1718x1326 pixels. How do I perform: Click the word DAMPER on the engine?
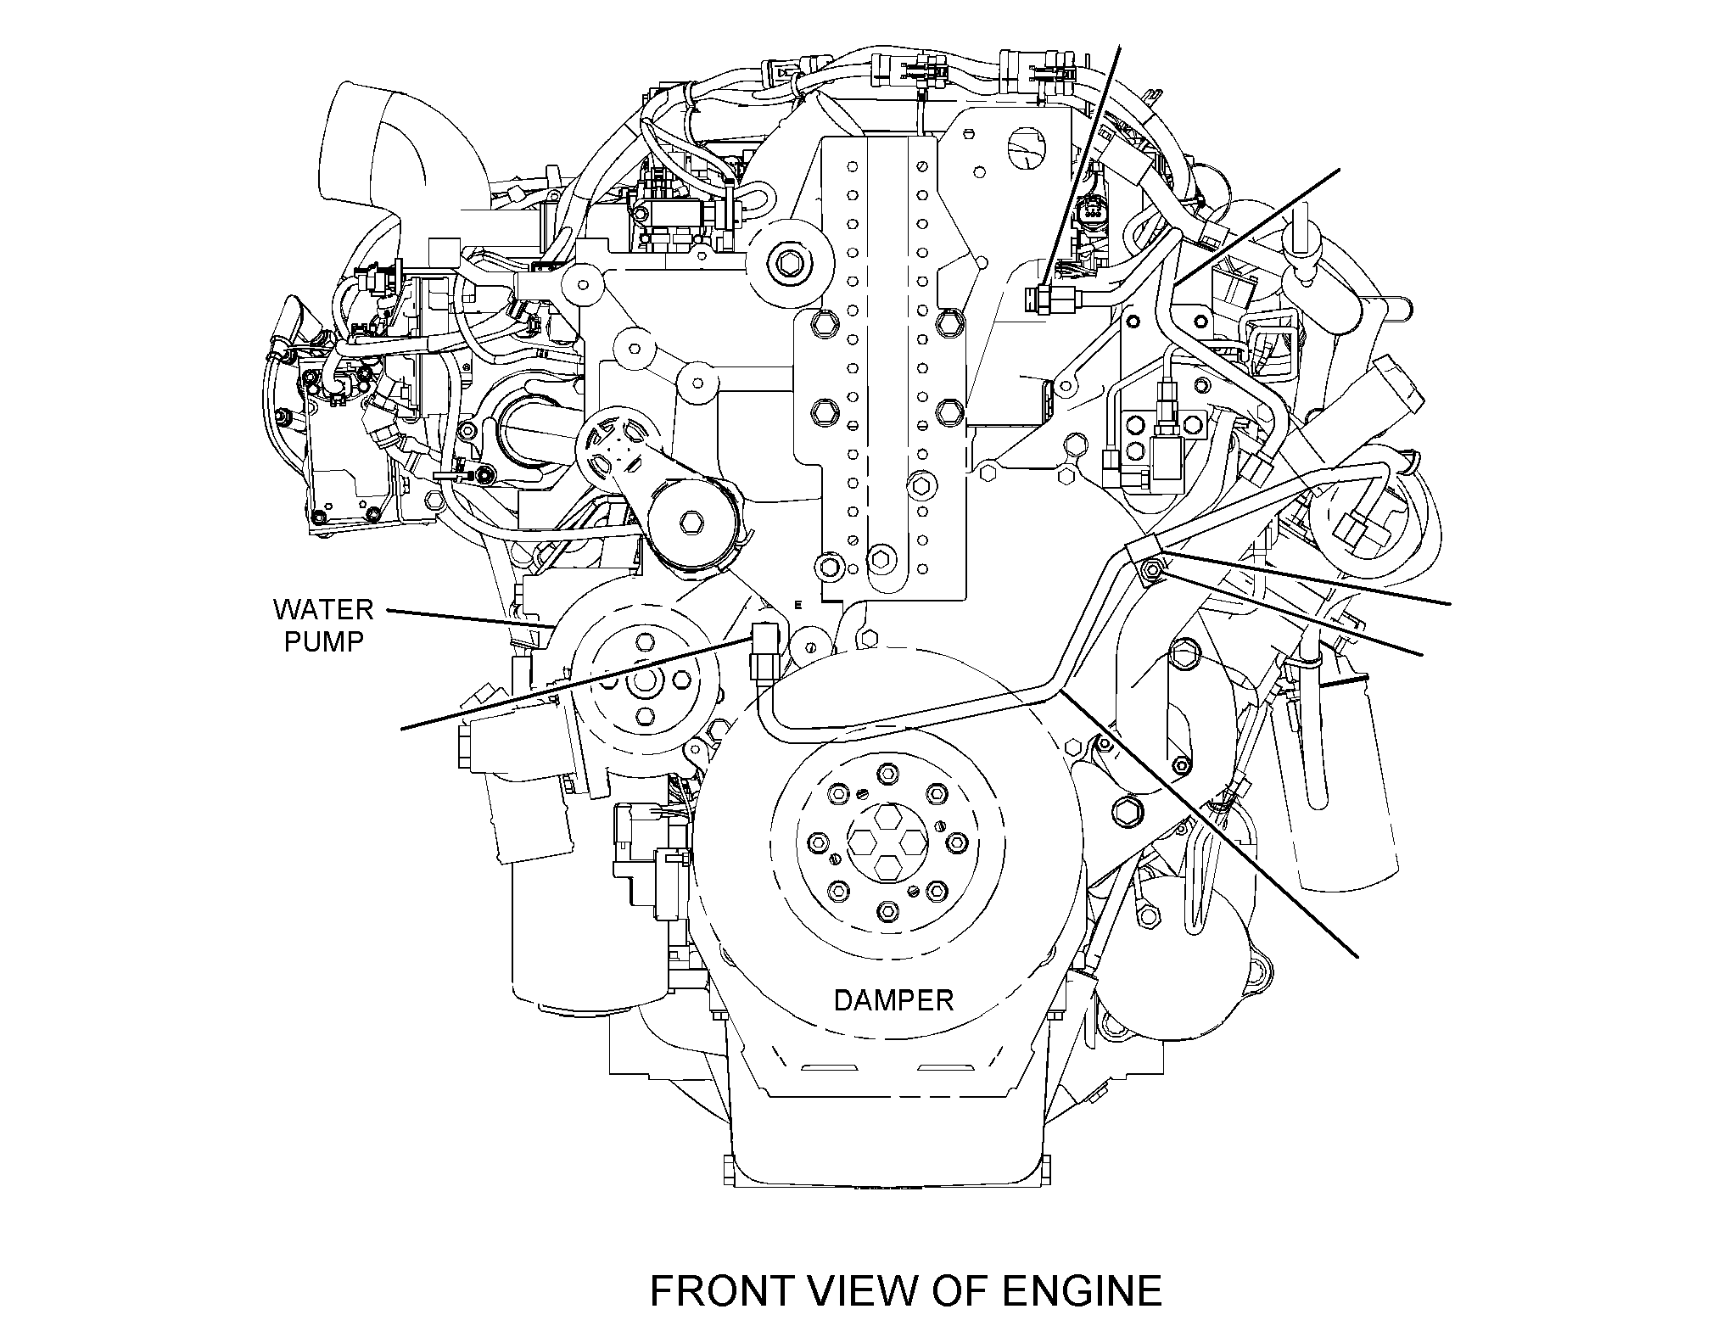pyautogui.click(x=893, y=1000)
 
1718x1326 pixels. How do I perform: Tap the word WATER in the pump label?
pyautogui.click(x=322, y=609)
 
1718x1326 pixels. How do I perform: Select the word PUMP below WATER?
pyautogui.click(x=323, y=641)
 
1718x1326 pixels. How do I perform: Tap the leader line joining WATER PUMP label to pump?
pyautogui.click(x=470, y=618)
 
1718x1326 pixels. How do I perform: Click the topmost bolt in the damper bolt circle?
pyautogui.click(x=887, y=774)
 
